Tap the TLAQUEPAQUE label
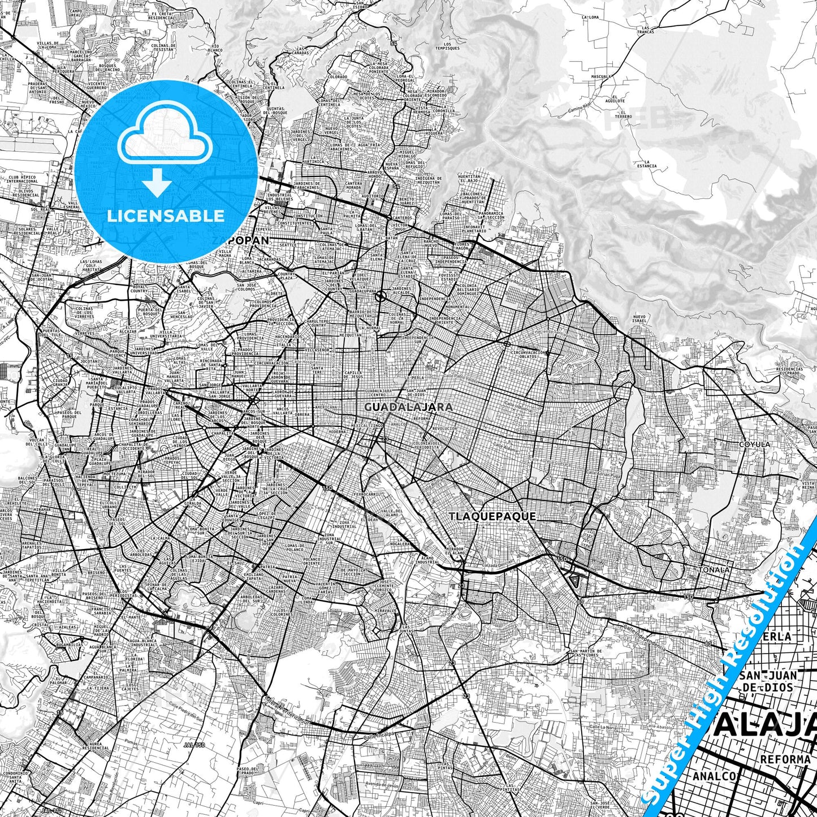click(492, 516)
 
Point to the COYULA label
click(755, 444)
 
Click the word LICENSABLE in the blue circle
click(166, 215)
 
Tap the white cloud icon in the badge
click(165, 140)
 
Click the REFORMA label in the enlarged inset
click(785, 758)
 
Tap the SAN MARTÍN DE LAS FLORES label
click(590, 654)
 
